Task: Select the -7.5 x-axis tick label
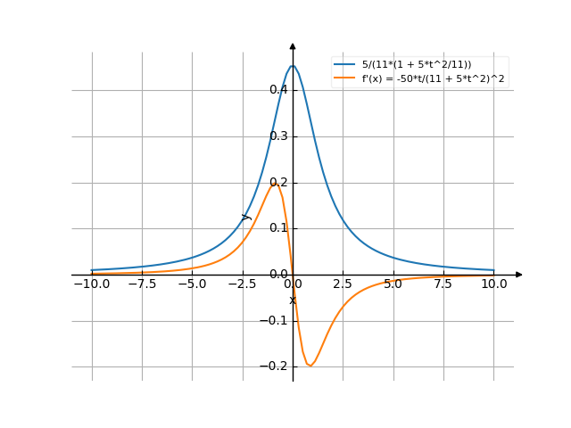(141, 284)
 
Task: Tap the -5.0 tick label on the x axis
(191, 284)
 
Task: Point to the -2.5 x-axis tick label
(241, 284)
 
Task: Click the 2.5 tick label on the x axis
(343, 284)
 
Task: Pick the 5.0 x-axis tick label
(393, 284)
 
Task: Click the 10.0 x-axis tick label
(493, 284)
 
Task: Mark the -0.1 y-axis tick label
(276, 321)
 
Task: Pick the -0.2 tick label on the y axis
(276, 366)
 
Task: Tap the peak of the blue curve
(293, 66)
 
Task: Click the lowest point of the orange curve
(310, 365)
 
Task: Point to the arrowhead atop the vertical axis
(293, 45)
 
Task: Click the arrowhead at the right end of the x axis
(519, 275)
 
